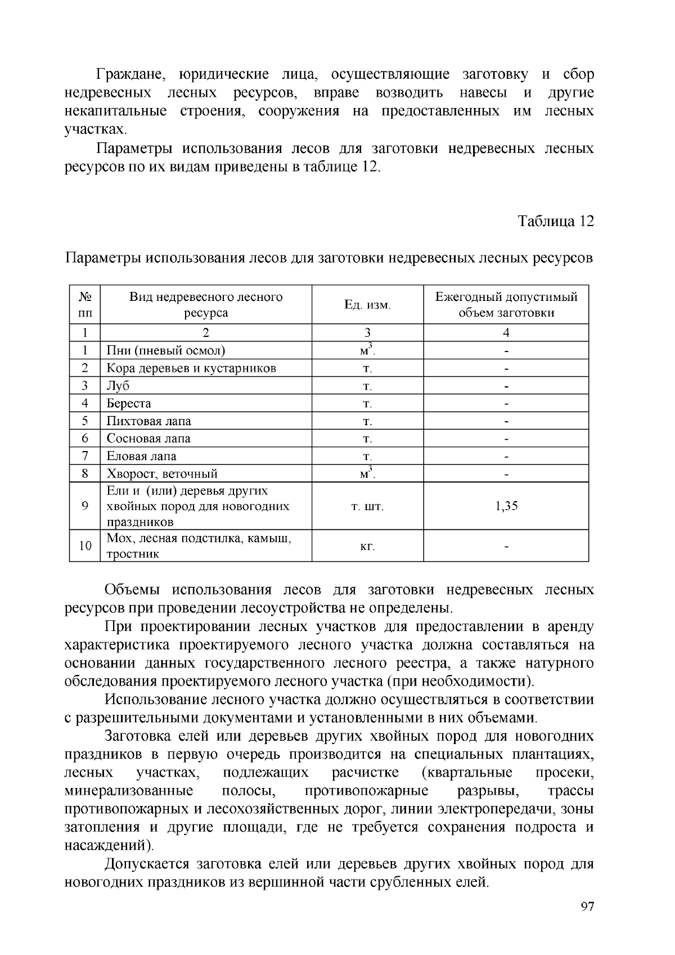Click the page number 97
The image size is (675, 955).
pos(587,907)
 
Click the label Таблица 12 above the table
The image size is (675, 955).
pos(556,221)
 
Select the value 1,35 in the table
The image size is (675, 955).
pos(506,506)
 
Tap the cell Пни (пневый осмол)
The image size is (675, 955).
pos(166,351)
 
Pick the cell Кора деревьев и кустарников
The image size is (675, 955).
pos(191,368)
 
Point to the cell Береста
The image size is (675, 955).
pos(129,403)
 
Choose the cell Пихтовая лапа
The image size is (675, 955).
pos(149,421)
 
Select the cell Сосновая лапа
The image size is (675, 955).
pos(148,438)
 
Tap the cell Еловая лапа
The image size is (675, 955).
pos(142,456)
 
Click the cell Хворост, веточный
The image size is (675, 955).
pos(162,474)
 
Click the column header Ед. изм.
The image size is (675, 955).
pos(367,305)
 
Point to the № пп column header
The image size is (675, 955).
pos(85,304)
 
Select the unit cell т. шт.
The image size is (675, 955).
pos(367,506)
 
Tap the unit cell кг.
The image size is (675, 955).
pos(367,546)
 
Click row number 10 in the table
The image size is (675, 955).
pos(85,546)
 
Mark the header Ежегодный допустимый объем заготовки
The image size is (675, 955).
pos(506,304)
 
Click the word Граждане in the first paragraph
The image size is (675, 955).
pos(130,74)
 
